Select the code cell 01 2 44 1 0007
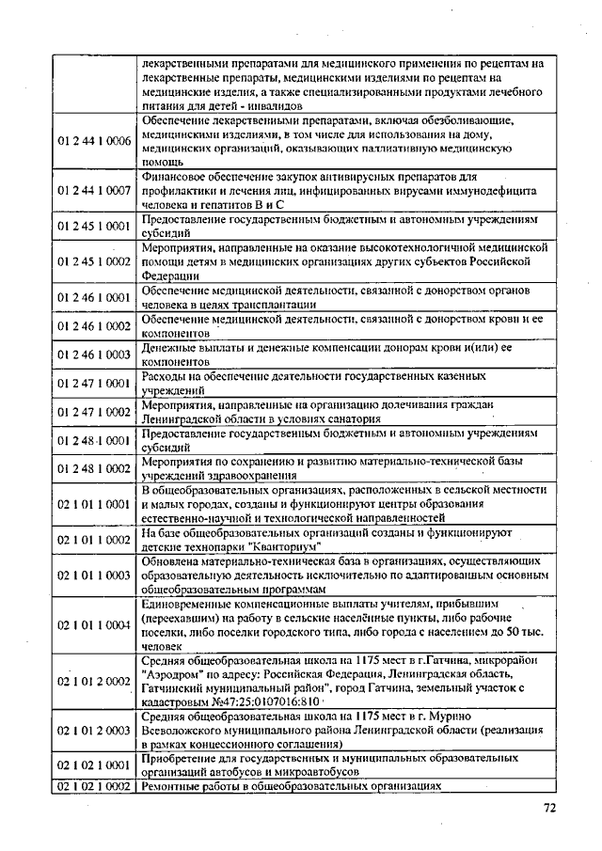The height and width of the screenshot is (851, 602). (x=94, y=191)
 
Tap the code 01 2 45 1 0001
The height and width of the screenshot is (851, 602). (x=94, y=225)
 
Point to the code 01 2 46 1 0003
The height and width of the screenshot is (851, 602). (x=94, y=355)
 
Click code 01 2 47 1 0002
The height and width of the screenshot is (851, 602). (x=94, y=411)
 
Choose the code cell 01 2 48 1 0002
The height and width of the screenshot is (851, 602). (x=94, y=467)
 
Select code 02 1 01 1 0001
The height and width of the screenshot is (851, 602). (x=94, y=504)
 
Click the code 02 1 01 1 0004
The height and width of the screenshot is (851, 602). (x=94, y=623)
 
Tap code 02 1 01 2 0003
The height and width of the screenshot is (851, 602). (x=94, y=730)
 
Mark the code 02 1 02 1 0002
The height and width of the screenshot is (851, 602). (x=94, y=786)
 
